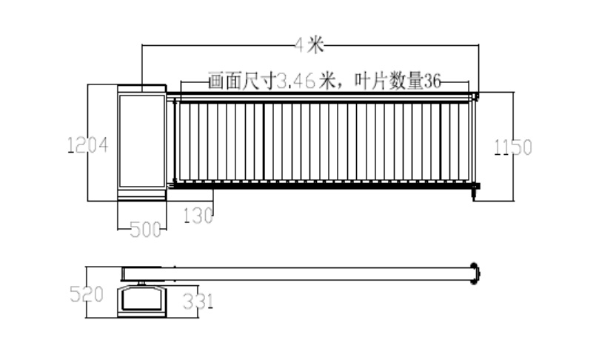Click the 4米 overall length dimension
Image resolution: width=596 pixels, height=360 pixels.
309,45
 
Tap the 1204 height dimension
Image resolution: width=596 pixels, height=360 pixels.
88,145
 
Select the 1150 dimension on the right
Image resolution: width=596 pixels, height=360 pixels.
513,147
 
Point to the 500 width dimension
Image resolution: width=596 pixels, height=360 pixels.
146,230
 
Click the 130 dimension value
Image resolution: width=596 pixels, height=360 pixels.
198,216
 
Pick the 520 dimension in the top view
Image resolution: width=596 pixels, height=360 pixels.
87,294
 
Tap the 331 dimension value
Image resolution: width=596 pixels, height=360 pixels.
198,301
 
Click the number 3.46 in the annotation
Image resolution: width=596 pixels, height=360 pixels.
296,81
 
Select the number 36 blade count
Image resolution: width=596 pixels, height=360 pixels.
432,81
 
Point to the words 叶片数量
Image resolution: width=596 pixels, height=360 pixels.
389,81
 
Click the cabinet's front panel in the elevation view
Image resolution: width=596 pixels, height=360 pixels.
141,141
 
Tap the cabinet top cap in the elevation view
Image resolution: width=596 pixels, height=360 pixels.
141,88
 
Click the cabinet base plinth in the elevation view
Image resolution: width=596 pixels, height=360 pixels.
141,195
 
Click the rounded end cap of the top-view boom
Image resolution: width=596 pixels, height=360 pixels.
475,273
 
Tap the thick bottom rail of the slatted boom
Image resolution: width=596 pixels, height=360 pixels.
323,185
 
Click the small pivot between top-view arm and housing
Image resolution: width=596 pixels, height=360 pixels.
141,283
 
